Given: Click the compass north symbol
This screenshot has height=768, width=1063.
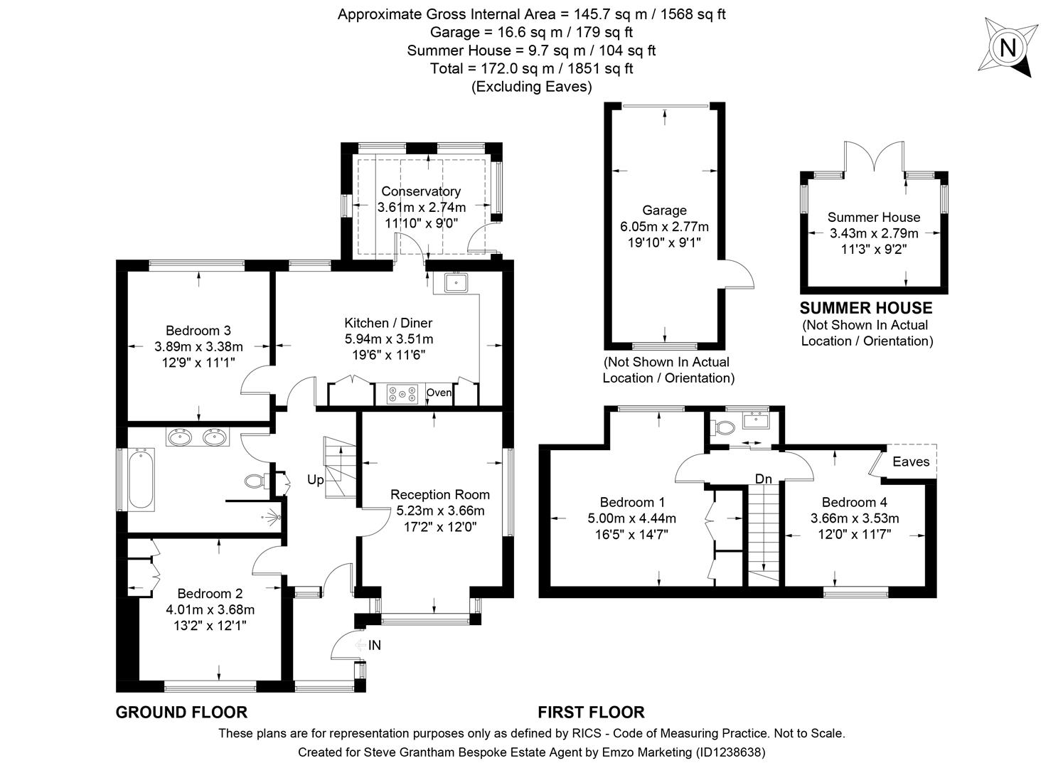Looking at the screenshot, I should pyautogui.click(x=1007, y=48).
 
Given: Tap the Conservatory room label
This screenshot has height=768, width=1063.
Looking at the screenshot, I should pyautogui.click(x=421, y=191).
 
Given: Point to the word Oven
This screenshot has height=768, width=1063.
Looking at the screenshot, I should pyautogui.click(x=439, y=393).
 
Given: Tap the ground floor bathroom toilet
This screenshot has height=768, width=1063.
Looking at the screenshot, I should pyautogui.click(x=254, y=481).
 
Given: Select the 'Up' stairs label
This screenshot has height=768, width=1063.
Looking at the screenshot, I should pyautogui.click(x=315, y=480).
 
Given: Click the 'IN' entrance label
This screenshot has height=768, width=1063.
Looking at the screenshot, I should pyautogui.click(x=375, y=646).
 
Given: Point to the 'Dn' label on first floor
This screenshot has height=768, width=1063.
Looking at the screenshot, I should pyautogui.click(x=763, y=479).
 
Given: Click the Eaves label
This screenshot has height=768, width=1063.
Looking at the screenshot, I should pyautogui.click(x=911, y=462).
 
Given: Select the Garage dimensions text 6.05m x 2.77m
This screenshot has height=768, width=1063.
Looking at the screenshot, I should pyautogui.click(x=664, y=227).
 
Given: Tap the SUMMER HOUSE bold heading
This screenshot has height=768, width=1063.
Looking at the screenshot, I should pyautogui.click(x=865, y=308).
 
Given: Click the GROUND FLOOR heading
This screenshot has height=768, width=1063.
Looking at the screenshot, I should pyautogui.click(x=181, y=712).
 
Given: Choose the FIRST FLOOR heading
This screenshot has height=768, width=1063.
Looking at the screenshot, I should pyautogui.click(x=591, y=712).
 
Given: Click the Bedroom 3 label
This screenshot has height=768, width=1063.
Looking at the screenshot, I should pyautogui.click(x=198, y=330).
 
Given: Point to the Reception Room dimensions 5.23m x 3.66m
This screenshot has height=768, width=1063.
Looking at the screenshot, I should pyautogui.click(x=440, y=511).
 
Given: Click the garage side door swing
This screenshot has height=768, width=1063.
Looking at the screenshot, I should pyautogui.click(x=739, y=274).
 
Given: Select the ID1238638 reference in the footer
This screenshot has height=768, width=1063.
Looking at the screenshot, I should pyautogui.click(x=732, y=752).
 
